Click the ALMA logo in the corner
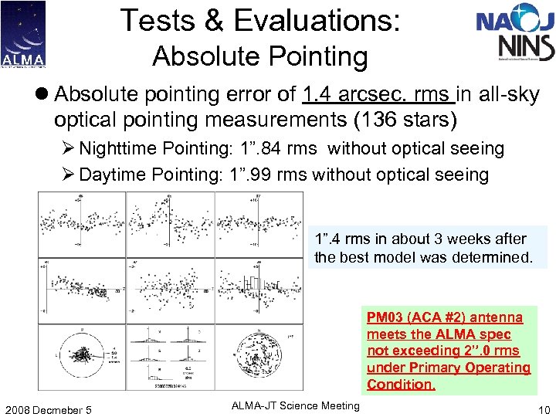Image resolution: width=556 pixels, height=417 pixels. click(x=23, y=34)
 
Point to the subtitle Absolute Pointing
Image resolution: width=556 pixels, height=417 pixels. click(x=259, y=56)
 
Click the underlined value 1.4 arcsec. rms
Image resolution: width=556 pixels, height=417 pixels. click(x=378, y=95)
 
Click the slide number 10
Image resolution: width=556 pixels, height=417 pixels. click(x=542, y=409)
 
